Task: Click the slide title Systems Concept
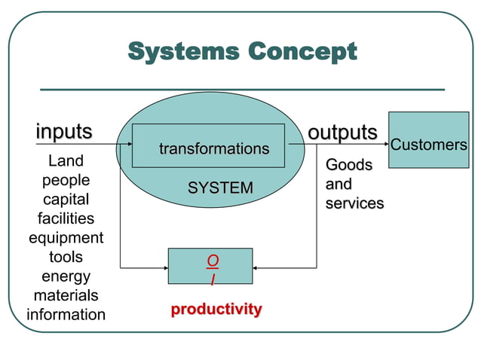point(241,52)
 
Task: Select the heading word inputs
point(64,131)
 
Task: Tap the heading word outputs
point(342,132)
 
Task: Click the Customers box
point(428,145)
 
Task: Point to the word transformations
point(213,149)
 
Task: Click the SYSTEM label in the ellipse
point(220,188)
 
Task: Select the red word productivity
point(216,309)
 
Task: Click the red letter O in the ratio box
point(213,261)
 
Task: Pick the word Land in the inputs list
point(66,161)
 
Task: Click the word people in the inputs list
point(66,181)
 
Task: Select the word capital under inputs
point(66,200)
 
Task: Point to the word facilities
point(66,219)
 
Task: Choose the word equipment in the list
point(66,238)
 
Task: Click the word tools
point(66,258)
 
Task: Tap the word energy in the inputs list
point(66,276)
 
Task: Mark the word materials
point(66,295)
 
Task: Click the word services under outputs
point(354,203)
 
